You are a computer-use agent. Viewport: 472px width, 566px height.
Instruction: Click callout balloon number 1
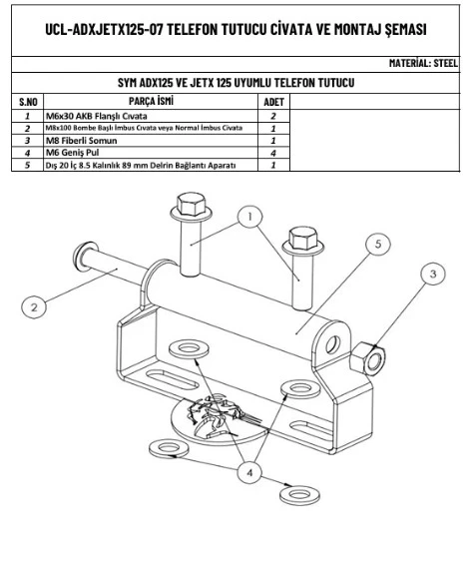coord(249,217)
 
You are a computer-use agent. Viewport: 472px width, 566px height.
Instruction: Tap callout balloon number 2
coord(34,307)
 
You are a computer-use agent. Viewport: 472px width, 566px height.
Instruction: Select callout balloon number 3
coord(433,274)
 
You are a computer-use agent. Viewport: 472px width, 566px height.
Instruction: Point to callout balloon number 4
coord(249,472)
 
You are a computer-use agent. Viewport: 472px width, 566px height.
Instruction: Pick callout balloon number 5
coord(378,244)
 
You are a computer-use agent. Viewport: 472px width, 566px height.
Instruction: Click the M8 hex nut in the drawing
coord(367,358)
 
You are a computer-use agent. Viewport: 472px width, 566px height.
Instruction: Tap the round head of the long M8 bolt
coord(84,257)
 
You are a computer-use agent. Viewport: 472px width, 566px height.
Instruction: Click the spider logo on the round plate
coord(217,414)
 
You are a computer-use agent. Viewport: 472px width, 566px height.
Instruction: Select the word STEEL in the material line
coord(445,63)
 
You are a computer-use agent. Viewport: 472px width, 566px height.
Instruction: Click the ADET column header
coord(273,102)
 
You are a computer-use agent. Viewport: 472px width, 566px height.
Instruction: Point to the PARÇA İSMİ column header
coord(151,101)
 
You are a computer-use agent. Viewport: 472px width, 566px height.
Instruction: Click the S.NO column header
coord(28,102)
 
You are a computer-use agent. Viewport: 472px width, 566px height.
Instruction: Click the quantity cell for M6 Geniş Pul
coord(273,153)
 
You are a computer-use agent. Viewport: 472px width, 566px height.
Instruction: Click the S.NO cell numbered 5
coord(27,165)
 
